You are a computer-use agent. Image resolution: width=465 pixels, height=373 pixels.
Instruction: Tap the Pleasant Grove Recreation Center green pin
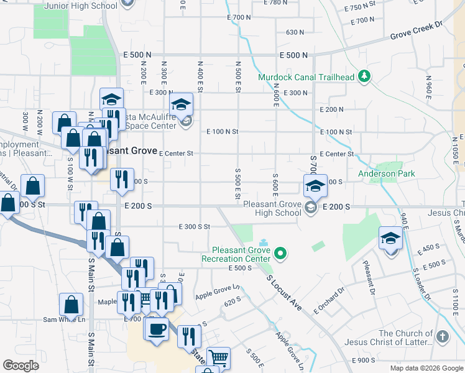280,253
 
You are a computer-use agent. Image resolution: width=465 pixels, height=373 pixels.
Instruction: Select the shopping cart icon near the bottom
218,357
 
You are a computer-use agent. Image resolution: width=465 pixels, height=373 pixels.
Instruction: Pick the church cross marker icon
442,337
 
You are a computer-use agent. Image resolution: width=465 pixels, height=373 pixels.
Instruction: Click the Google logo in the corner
21,366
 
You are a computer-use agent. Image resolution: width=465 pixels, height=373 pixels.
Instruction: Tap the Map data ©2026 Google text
426,368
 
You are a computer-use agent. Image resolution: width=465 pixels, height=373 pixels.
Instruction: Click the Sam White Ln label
63,320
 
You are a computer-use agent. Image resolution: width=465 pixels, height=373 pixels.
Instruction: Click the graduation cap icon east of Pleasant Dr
391,238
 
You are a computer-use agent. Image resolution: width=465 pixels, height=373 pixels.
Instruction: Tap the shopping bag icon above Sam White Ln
71,305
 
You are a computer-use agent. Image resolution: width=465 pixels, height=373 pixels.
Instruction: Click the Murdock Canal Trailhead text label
306,78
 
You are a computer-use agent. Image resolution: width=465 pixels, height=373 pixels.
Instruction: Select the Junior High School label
81,6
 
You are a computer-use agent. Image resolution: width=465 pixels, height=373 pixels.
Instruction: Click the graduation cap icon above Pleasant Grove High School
315,185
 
